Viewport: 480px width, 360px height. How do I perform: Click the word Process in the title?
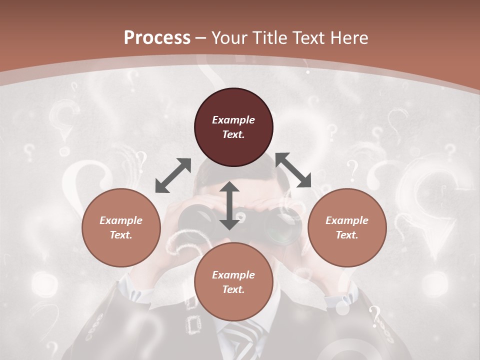[x=157, y=38]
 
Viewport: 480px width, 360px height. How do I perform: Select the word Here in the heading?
[x=349, y=38]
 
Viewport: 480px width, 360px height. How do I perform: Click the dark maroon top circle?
[x=233, y=127]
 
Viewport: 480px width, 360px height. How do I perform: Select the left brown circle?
[x=121, y=227]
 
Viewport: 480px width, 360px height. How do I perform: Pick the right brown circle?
[x=347, y=227]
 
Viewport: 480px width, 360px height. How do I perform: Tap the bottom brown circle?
[x=233, y=281]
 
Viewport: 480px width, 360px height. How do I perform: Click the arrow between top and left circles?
[x=173, y=175]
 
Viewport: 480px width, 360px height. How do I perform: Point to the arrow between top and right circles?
[x=293, y=170]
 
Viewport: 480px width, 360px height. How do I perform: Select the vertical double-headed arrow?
[x=229, y=205]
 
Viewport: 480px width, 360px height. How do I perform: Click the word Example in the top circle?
[x=233, y=120]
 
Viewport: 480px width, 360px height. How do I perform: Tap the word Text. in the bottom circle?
[x=233, y=289]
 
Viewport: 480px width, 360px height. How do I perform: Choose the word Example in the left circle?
[x=121, y=220]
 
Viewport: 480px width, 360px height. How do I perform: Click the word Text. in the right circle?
[x=347, y=235]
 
